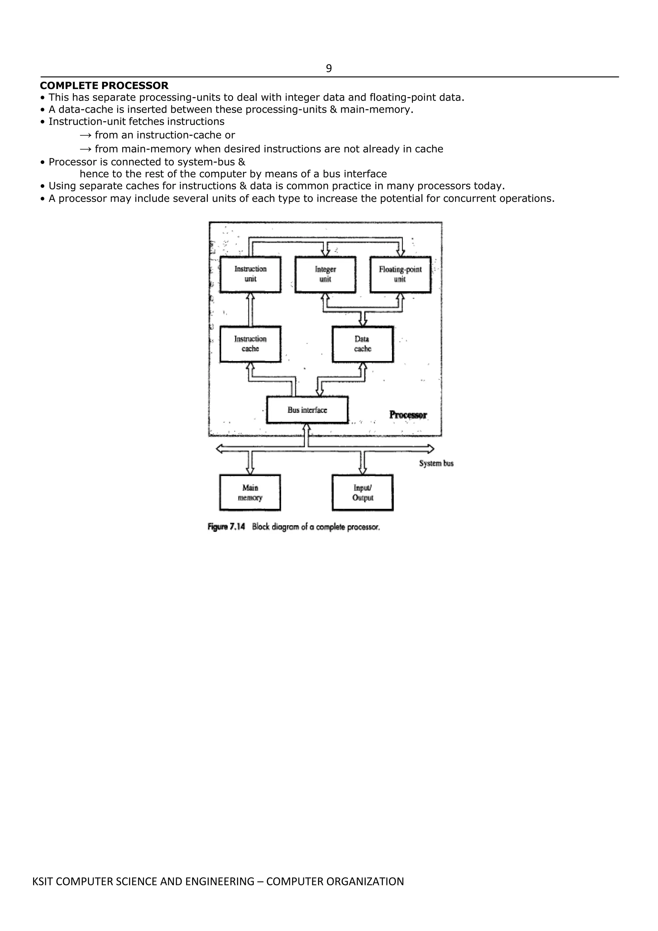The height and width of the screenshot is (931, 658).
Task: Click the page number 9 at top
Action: coord(329,68)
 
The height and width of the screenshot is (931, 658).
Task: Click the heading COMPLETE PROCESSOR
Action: coord(104,86)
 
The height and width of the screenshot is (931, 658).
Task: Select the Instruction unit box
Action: coord(250,274)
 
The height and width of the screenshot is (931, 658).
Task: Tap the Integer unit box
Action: coord(325,274)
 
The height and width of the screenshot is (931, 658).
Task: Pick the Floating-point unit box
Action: coord(400,274)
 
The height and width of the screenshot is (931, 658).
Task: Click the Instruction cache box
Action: coord(250,344)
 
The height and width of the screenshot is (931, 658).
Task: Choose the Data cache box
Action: coord(363,344)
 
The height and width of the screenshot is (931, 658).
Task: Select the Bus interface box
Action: coord(307,410)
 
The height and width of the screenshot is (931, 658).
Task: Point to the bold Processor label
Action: coord(408,415)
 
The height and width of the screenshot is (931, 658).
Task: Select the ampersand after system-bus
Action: coord(242,162)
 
